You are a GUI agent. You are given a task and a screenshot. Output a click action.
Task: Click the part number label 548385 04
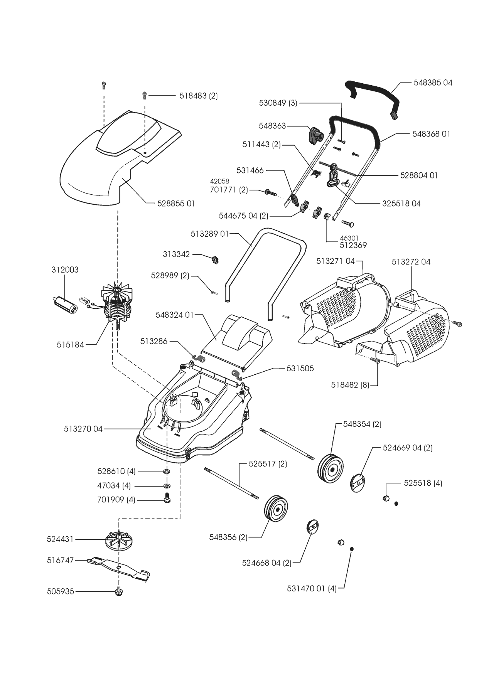[433, 83]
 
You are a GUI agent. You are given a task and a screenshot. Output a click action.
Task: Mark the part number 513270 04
[83, 429]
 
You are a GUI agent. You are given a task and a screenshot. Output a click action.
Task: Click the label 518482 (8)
[350, 385]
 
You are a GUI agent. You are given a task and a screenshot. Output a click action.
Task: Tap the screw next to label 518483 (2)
[144, 95]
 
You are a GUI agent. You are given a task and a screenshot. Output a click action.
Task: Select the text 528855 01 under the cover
[176, 203]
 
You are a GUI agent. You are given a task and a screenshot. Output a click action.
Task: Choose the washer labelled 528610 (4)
[167, 472]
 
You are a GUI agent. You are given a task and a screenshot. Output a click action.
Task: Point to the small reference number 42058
[219, 181]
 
